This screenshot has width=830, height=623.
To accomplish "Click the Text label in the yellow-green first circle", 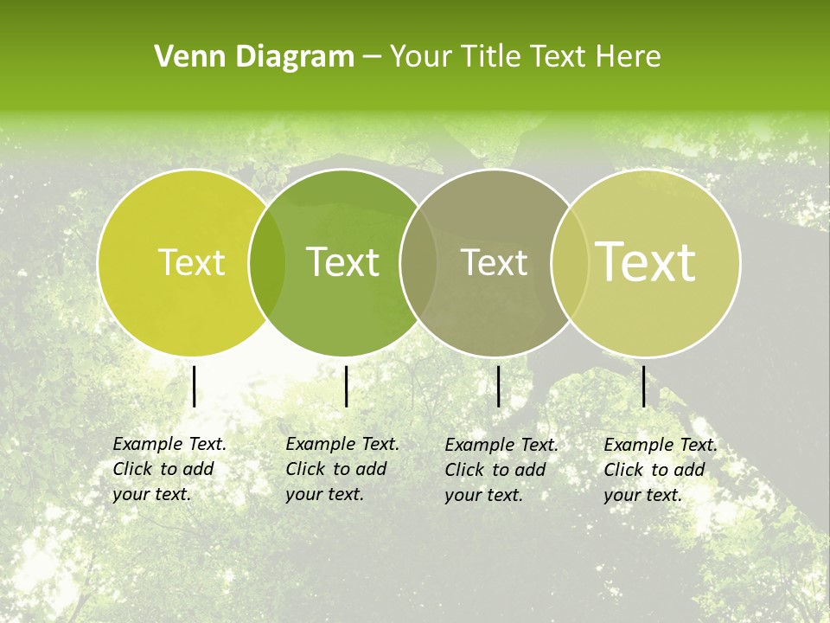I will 192,262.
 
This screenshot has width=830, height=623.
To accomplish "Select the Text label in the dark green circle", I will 343,262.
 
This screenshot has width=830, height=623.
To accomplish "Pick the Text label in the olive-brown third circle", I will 495,262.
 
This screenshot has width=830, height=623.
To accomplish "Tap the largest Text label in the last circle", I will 646,262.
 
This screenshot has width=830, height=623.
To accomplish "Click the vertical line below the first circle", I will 195,386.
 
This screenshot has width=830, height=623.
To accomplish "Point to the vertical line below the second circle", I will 346,386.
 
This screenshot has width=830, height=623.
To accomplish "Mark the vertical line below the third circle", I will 499,386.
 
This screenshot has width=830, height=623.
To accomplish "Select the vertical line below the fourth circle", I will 644,386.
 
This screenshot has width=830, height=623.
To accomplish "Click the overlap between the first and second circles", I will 267,262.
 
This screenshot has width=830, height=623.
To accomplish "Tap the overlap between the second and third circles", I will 418,262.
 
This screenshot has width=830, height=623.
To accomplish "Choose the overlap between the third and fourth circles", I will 570,262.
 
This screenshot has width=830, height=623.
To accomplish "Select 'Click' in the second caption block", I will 305,469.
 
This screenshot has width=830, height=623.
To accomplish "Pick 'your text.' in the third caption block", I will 484,495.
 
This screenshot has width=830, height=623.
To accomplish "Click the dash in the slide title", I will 372,57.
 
